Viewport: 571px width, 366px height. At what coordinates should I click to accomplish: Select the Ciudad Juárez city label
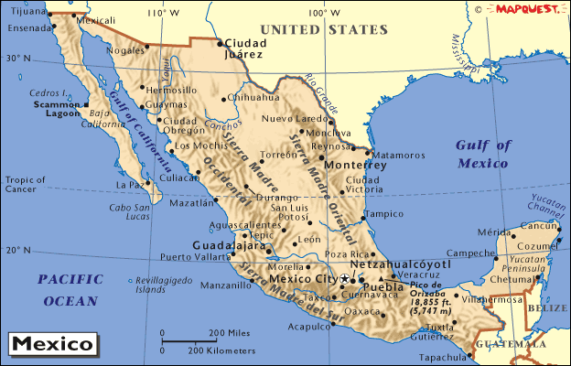(245, 48)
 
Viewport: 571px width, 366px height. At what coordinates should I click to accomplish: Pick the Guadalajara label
(227, 245)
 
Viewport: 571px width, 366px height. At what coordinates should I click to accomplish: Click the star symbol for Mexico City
(344, 278)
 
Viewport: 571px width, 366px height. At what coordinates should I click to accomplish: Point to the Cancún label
(539, 225)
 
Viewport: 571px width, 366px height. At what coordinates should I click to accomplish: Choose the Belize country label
(546, 309)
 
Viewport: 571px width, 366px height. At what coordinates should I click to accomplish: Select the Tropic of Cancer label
(25, 184)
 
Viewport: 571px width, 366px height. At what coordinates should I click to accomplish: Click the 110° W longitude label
(164, 13)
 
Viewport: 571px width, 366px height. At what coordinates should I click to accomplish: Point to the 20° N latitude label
(18, 250)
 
